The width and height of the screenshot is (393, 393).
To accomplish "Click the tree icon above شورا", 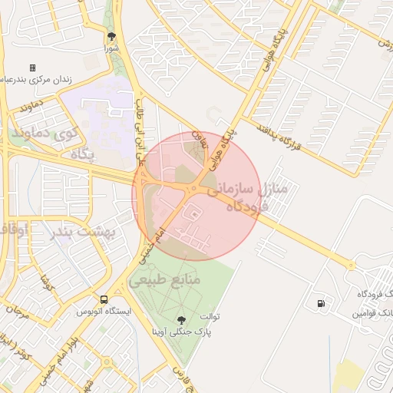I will (x=112, y=36).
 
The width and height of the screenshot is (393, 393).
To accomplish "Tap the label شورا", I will (x=113, y=48).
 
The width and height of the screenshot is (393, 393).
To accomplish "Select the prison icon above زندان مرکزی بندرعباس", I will (x=32, y=68).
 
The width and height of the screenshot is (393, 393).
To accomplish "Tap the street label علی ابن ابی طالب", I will (x=139, y=124).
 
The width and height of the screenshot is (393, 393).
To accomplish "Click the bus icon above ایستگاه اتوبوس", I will (x=104, y=299).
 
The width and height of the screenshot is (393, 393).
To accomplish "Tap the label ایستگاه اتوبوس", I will (x=104, y=312).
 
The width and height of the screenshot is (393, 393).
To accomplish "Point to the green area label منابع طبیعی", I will (x=164, y=281).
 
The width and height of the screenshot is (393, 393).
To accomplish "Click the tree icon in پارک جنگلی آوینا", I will (x=181, y=320).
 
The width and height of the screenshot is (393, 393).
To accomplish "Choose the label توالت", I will (x=210, y=316).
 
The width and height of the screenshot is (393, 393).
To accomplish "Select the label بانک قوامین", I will (x=366, y=314).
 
